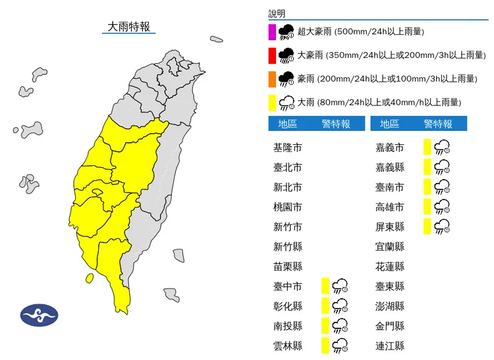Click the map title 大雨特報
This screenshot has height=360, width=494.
[129, 27]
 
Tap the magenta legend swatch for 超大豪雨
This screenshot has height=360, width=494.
[271, 32]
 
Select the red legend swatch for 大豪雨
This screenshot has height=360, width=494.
[271, 55]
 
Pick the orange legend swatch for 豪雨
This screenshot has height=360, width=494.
[271, 79]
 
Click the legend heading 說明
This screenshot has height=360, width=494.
[277, 14]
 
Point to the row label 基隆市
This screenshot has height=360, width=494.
[287, 147]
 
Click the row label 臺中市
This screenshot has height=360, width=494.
[287, 286]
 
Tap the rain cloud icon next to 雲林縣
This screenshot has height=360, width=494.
[341, 346]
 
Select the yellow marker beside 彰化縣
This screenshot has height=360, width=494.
[325, 306]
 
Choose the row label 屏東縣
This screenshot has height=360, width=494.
[389, 227]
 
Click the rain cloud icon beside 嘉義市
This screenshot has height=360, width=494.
[442, 147]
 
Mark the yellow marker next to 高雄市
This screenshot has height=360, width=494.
[427, 207]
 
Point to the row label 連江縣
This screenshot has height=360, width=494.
[389, 346]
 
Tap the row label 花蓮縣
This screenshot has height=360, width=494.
[389, 267]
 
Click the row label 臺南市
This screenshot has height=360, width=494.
[389, 188]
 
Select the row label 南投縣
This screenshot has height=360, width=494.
[287, 326]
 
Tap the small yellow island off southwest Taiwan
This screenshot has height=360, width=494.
[89, 278]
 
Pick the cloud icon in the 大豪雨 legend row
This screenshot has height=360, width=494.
[287, 55]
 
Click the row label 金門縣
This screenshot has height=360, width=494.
[389, 326]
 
